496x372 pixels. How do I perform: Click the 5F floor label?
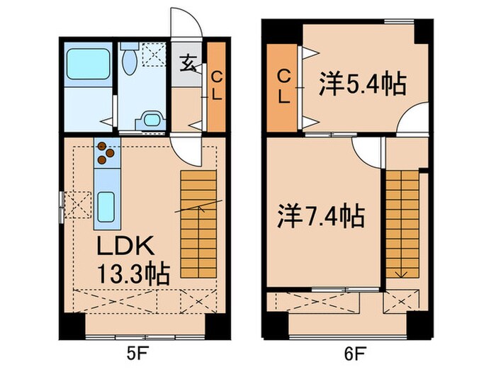pyautogui.click(x=139, y=352)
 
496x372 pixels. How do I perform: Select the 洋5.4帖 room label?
pyautogui.click(x=361, y=85)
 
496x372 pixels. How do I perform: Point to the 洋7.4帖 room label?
pyautogui.click(x=321, y=215)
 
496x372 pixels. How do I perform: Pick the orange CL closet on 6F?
pyautogui.click(x=283, y=85)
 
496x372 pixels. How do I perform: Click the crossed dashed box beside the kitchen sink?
pyautogui.click(x=77, y=205)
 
